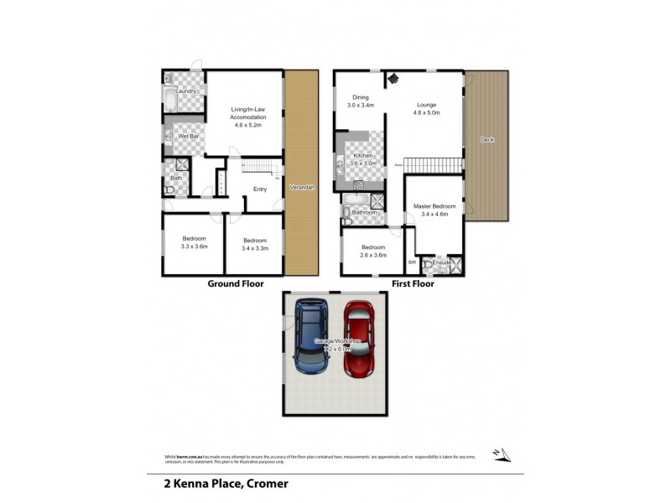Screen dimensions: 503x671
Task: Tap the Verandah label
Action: [x=301, y=188]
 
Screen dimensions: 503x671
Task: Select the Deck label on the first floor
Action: [x=486, y=140]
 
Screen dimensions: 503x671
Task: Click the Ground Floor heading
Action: [x=236, y=284]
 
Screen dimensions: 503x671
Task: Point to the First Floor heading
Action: [x=413, y=284]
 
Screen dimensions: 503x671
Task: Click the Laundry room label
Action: [x=185, y=91]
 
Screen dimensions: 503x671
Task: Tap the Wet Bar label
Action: [x=189, y=136]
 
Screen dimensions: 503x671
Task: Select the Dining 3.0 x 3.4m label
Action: [x=361, y=101]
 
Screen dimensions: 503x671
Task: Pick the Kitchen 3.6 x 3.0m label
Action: [x=362, y=160]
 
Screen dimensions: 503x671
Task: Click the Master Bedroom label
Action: [x=434, y=210]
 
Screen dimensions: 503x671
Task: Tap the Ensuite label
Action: [x=442, y=264]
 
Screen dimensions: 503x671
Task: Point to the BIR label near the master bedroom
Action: [x=412, y=262]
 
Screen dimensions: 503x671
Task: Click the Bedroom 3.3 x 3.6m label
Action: [x=194, y=243]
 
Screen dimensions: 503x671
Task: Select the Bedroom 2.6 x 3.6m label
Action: [x=373, y=251]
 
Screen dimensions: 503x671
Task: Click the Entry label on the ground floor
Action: [x=260, y=189]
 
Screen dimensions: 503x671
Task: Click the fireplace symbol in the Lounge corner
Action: [x=392, y=79]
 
